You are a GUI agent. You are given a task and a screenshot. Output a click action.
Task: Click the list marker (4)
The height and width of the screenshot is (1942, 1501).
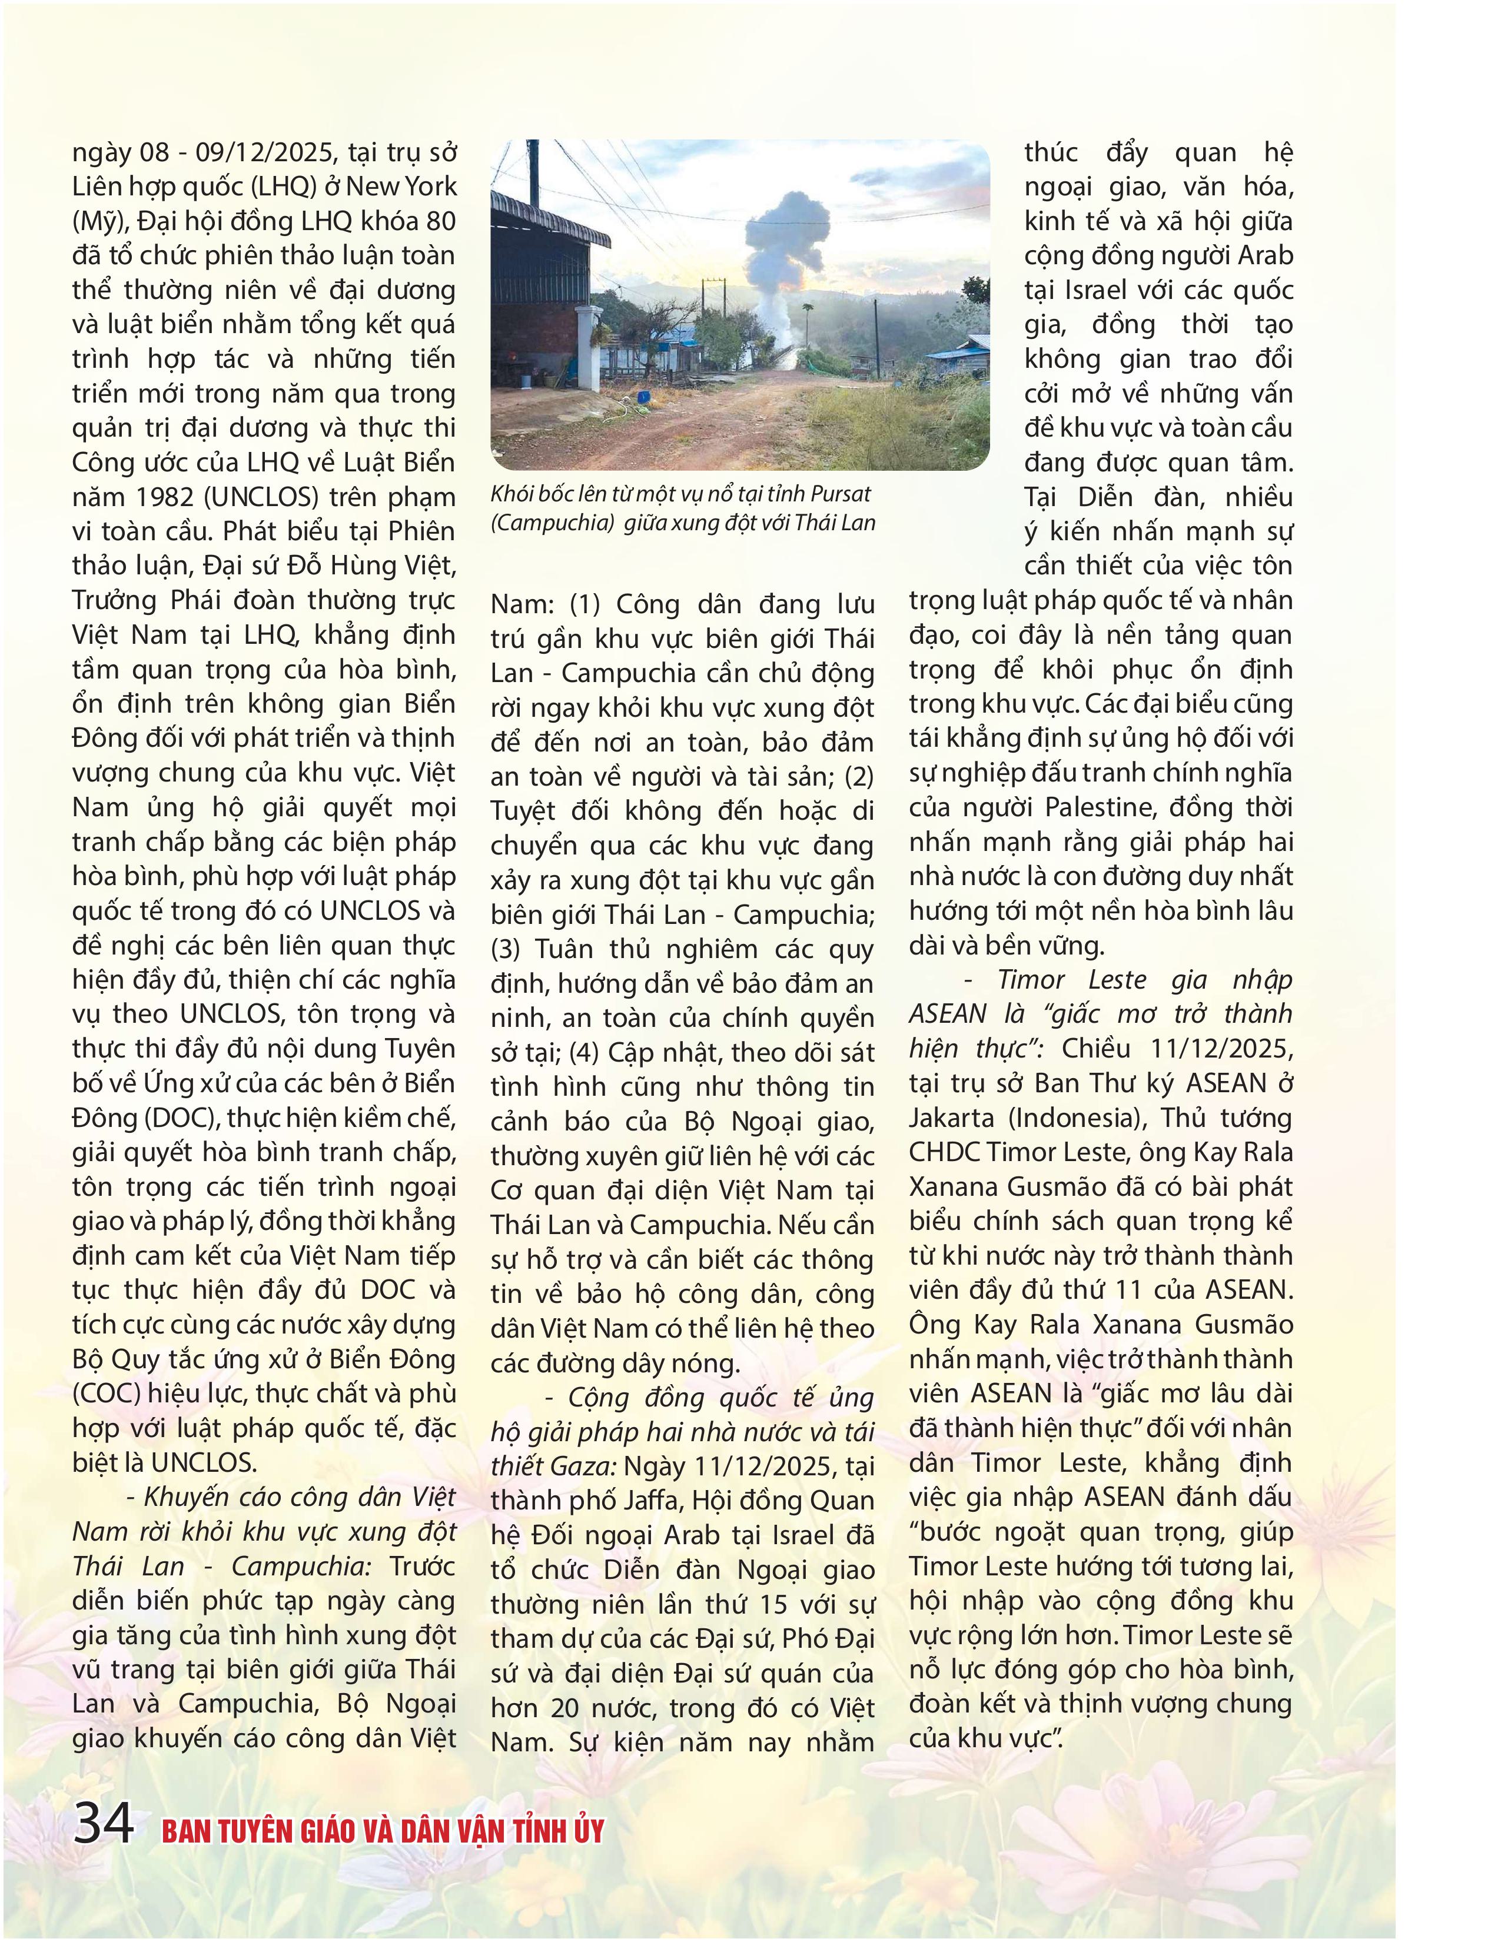click(x=583, y=1053)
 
